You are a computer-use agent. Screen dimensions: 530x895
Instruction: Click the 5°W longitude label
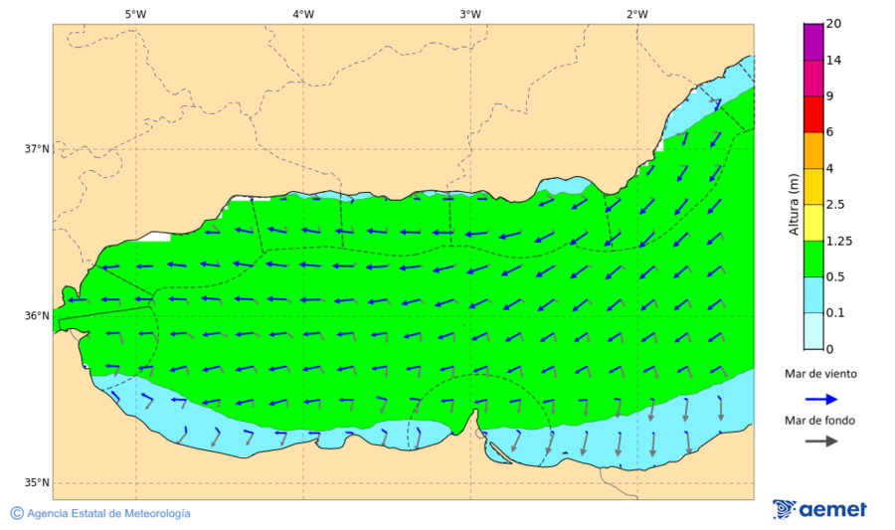pos(136,14)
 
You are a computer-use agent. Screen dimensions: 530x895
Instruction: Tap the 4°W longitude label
pos(303,14)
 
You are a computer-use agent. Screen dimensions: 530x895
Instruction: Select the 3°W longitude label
pos(470,14)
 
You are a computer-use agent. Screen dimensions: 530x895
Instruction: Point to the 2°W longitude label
pos(637,14)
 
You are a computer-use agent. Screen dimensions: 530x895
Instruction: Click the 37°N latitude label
pos(37,149)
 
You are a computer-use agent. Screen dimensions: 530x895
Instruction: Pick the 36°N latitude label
pos(37,316)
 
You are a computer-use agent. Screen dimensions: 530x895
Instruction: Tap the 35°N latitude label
pos(37,483)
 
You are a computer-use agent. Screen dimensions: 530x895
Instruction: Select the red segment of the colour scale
pos(813,114)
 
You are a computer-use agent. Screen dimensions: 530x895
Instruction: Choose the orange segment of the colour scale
pos(813,150)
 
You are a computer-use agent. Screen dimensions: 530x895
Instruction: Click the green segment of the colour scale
pos(813,259)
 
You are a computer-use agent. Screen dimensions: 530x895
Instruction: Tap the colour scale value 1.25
pos(839,241)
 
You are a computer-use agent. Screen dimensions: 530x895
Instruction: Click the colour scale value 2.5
pos(835,205)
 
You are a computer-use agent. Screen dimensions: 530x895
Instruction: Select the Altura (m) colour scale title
pos(794,204)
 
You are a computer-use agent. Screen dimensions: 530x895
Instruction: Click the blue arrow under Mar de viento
pos(818,398)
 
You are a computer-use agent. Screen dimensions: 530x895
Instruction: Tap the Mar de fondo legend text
pos(818,421)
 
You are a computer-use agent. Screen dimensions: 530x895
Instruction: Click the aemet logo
pos(819,509)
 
